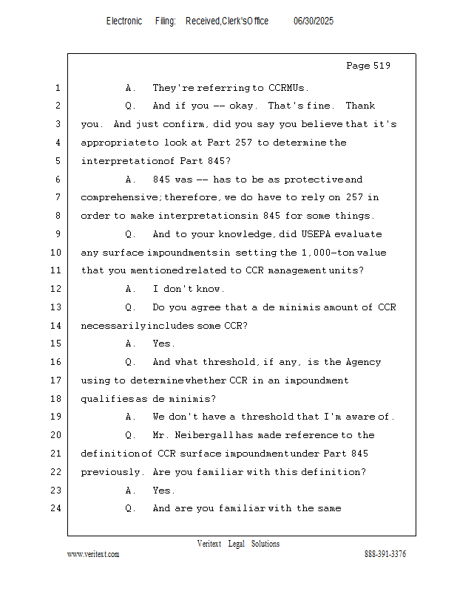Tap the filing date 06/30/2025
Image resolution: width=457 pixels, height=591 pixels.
click(313, 21)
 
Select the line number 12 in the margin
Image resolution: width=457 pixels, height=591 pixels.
click(56, 289)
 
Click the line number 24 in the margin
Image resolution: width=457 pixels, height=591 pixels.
click(56, 508)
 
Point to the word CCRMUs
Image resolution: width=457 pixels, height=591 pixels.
click(285, 88)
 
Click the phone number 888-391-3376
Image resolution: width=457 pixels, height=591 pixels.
click(385, 554)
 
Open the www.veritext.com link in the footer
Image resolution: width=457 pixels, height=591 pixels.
click(93, 554)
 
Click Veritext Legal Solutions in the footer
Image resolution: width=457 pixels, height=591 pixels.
click(238, 544)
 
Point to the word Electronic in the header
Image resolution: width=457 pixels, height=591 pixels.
click(124, 21)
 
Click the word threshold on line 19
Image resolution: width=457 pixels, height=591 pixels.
click(268, 417)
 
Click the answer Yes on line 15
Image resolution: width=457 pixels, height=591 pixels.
click(163, 344)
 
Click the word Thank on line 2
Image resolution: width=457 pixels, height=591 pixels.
click(361, 106)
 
